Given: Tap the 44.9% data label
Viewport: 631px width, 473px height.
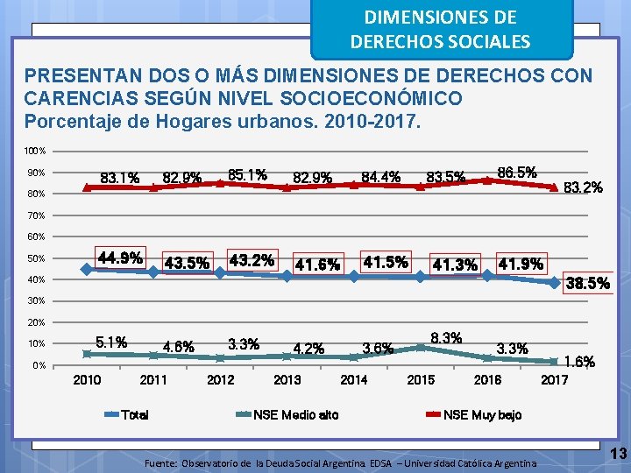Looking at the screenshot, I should click(x=121, y=258).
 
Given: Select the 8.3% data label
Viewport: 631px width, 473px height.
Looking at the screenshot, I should click(x=446, y=337).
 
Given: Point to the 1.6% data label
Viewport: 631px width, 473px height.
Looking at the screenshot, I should click(x=578, y=361).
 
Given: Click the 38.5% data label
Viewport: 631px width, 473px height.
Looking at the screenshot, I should click(x=587, y=284).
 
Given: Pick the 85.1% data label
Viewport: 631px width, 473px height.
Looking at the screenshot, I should click(x=247, y=174).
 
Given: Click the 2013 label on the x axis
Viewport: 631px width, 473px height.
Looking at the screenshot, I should click(x=287, y=380).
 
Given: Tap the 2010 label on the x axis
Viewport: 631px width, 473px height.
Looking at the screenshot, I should click(x=86, y=380).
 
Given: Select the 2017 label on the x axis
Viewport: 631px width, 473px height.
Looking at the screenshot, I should click(x=555, y=380).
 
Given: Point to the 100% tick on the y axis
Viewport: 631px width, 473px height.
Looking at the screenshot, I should click(x=35, y=152).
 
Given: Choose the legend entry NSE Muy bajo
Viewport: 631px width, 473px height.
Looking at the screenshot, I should click(x=482, y=414).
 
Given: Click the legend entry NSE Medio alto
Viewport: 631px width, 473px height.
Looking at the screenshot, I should click(x=295, y=414).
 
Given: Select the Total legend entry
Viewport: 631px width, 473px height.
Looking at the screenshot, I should click(x=134, y=414).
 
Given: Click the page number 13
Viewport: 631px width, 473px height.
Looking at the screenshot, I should click(x=618, y=454).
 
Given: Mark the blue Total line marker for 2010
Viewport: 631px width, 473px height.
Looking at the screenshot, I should click(x=86, y=270).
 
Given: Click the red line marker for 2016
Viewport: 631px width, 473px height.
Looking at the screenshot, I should click(x=487, y=180).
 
